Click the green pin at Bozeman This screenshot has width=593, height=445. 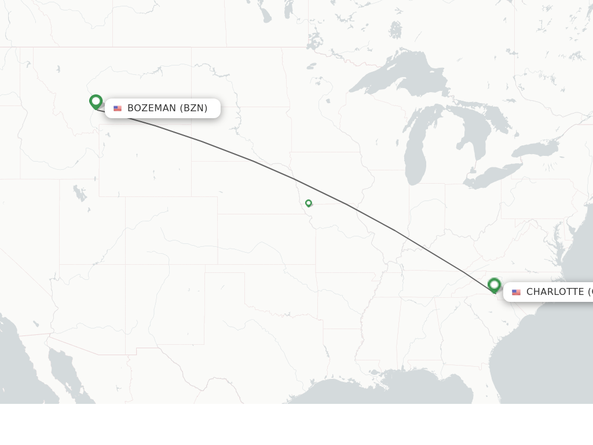pyautogui.click(x=96, y=102)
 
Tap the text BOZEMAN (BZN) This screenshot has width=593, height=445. pyautogui.click(x=167, y=108)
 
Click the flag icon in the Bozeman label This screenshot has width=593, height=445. pyautogui.click(x=118, y=108)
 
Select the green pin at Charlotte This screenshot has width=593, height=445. pyautogui.click(x=494, y=285)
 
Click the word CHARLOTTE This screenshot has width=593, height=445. pyautogui.click(x=555, y=292)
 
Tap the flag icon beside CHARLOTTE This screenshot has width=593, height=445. pyautogui.click(x=516, y=292)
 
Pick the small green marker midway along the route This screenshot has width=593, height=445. pyautogui.click(x=309, y=203)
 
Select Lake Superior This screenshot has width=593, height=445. pyautogui.click(x=394, y=75)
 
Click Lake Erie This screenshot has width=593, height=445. pyautogui.click(x=492, y=177)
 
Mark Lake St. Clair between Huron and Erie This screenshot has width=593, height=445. pyautogui.click(x=473, y=170)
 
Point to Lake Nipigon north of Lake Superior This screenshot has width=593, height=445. pyautogui.click(x=396, y=29)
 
